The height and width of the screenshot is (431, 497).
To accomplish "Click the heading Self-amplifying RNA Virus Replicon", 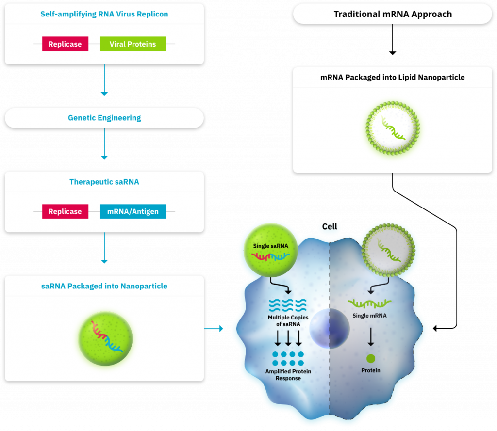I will click(x=104, y=14).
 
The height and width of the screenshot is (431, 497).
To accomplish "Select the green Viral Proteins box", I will click(x=133, y=44).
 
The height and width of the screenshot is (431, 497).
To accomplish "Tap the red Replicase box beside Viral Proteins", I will click(x=65, y=44).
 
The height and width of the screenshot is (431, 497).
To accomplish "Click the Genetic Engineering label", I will click(x=104, y=118).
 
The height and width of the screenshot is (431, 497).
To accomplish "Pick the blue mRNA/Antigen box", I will click(x=133, y=211).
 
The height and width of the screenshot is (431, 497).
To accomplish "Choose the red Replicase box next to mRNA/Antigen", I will click(x=65, y=211).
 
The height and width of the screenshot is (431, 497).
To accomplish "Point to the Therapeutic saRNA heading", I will click(x=104, y=182).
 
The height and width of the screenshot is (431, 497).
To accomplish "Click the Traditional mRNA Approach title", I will click(x=392, y=14).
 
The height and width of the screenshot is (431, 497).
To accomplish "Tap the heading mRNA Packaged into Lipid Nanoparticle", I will click(x=392, y=77).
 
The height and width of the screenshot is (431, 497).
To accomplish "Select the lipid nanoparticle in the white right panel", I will click(x=392, y=128).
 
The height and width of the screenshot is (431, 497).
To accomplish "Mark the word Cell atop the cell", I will click(x=330, y=227).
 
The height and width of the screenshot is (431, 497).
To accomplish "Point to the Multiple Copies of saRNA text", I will click(x=288, y=320).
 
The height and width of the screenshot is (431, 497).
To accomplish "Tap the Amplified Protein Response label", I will click(x=288, y=375).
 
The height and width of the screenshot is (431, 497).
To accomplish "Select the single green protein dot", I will click(x=371, y=359).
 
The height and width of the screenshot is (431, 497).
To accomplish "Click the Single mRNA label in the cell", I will click(x=370, y=316).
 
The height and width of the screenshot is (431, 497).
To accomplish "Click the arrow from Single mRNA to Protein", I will click(x=371, y=337).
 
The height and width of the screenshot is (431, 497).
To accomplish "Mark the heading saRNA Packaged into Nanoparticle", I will click(x=104, y=286).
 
